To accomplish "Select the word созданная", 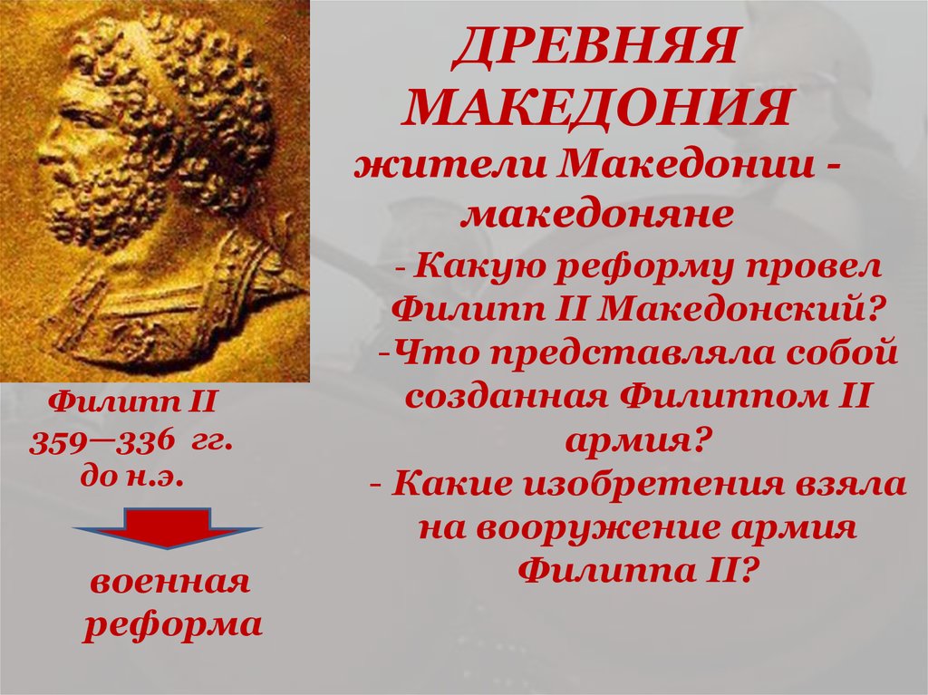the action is pyautogui.click(x=507, y=396).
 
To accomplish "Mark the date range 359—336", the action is pyautogui.click(x=103, y=441).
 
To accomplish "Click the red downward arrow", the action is pyautogui.click(x=168, y=528).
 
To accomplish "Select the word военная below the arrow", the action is pyautogui.click(x=169, y=583).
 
